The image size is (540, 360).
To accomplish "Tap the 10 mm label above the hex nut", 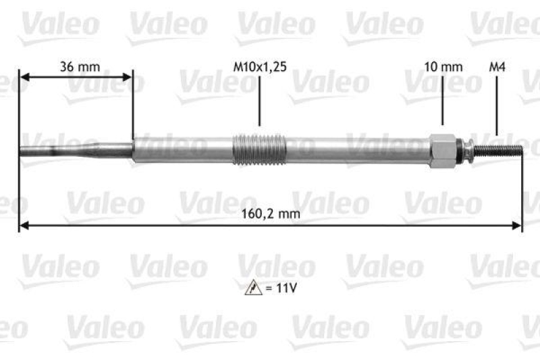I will pos(443,67).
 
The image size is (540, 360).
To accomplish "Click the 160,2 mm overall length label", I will pos(271,213).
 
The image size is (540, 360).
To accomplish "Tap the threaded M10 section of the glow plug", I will pos(259,149).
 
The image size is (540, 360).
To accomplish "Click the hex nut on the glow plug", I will pos(441,149).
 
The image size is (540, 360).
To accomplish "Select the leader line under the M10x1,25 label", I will pos(259,101).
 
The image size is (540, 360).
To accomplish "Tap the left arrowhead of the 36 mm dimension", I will pos(24,78).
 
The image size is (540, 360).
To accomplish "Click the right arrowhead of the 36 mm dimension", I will pos(128,78).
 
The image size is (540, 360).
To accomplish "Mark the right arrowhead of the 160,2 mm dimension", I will pos(517,225).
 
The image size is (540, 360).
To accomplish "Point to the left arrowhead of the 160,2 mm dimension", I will pos(24,225).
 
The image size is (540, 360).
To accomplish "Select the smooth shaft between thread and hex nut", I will pos(358,149).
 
